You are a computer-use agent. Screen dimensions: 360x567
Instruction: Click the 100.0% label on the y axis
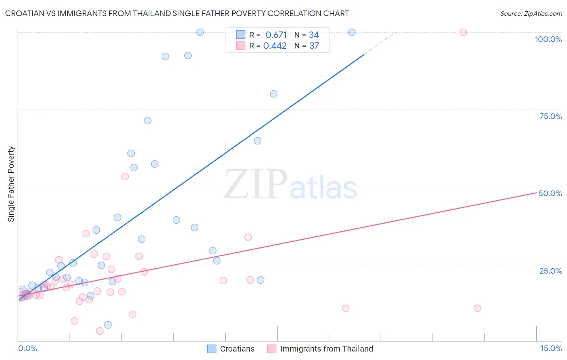click(x=548, y=39)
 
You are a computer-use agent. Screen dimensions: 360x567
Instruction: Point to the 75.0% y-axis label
click(x=550, y=116)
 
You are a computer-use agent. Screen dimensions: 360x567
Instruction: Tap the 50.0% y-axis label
click(x=550, y=193)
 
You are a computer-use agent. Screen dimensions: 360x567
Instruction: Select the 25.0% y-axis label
click(x=550, y=271)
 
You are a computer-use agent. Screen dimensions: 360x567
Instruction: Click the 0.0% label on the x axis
click(x=27, y=348)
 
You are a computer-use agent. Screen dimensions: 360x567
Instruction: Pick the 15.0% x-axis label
click(x=551, y=348)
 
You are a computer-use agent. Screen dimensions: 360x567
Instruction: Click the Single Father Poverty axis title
click(x=11, y=184)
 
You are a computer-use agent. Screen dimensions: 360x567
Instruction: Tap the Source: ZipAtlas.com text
click(x=531, y=13)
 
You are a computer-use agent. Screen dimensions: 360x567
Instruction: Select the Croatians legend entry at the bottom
click(x=237, y=349)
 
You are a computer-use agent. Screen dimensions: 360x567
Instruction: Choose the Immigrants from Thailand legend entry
click(x=326, y=349)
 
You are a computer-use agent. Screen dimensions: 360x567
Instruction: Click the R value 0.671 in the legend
click(x=276, y=35)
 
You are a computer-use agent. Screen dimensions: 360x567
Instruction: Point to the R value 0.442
click(x=275, y=46)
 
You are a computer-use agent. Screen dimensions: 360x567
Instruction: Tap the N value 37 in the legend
click(x=314, y=46)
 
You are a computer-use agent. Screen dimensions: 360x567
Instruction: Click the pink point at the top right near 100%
click(x=463, y=32)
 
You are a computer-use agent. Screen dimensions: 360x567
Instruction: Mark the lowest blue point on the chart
click(x=108, y=325)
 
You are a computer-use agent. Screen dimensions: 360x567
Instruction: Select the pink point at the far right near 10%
click(x=477, y=308)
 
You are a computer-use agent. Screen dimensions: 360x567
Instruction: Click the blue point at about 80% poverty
click(x=273, y=94)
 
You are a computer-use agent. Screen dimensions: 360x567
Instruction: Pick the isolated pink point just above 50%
click(x=125, y=176)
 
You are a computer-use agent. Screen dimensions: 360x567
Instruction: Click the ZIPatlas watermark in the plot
click(x=290, y=185)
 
